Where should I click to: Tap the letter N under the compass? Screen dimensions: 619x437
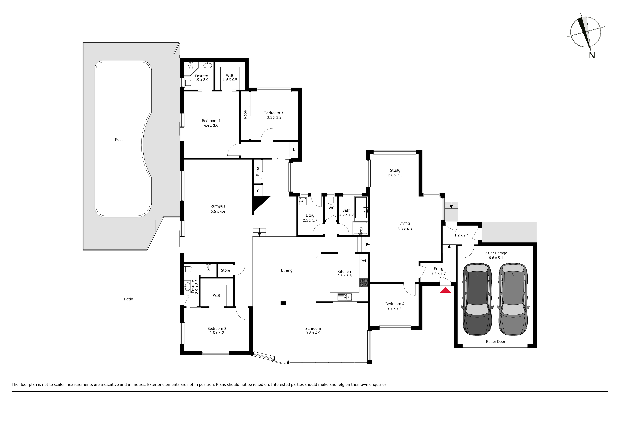(592, 55)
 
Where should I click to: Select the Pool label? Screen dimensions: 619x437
(119, 140)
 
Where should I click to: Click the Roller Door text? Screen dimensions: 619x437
(495, 341)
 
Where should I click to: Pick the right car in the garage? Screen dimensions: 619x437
(513, 299)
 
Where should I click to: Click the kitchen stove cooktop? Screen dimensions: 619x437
(363, 282)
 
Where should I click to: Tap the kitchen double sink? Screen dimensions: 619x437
(345, 297)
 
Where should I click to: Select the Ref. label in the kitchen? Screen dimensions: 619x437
(364, 261)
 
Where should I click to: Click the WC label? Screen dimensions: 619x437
(331, 208)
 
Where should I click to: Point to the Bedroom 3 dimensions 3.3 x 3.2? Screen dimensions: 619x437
(274, 117)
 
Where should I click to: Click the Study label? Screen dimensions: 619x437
(395, 170)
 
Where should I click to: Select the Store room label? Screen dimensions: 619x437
(225, 270)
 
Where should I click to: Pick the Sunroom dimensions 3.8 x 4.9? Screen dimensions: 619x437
(313, 333)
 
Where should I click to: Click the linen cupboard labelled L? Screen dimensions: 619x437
(294, 149)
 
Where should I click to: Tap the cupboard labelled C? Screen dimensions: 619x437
(258, 191)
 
